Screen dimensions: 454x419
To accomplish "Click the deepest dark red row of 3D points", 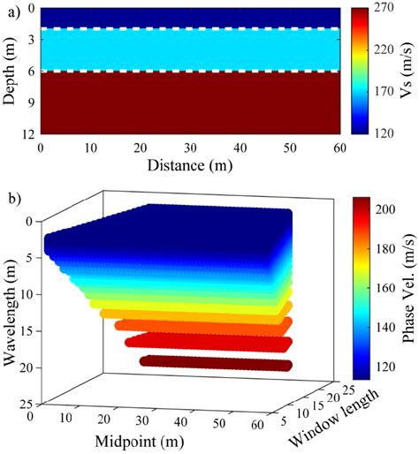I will (217, 363).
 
